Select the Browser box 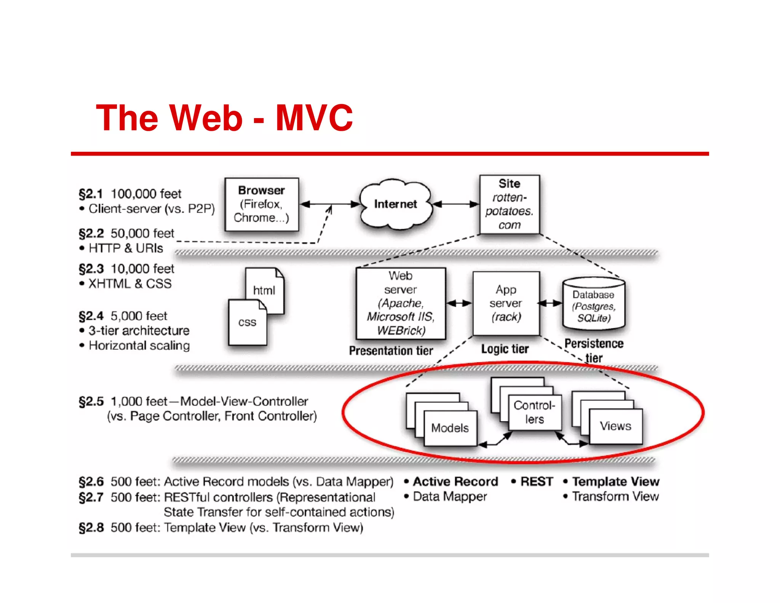[x=262, y=204]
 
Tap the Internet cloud [x=396, y=204]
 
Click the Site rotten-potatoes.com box [x=509, y=204]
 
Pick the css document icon [x=247, y=323]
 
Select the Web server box [x=400, y=303]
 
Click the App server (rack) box [x=506, y=303]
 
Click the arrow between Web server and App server [x=459, y=303]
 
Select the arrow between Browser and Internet [x=330, y=204]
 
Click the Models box [x=450, y=428]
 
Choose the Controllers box [x=534, y=412]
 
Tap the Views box [x=615, y=426]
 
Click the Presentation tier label [x=391, y=351]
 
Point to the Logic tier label [x=505, y=349]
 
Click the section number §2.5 [x=91, y=401]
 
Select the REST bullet [x=536, y=481]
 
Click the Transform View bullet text [x=615, y=496]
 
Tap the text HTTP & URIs [x=126, y=248]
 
